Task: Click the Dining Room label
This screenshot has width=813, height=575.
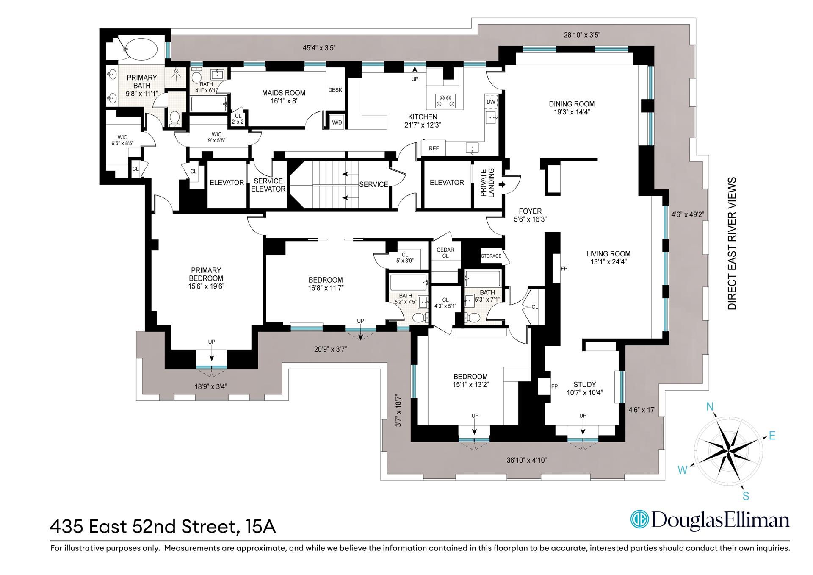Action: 572,104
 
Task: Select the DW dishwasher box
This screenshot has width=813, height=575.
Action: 491,102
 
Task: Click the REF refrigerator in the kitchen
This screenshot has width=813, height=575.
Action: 434,148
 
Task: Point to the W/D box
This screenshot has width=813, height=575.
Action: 337,122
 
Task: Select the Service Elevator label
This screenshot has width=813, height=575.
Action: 268,185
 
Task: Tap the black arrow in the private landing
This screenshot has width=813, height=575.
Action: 502,185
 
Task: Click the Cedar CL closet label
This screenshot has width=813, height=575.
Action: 445,253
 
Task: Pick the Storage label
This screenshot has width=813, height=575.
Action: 491,256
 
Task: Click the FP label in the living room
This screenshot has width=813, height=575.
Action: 564,269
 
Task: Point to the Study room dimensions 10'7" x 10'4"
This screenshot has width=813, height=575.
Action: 584,392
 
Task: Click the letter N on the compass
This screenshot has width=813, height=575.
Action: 710,407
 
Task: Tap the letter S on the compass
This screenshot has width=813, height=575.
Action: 746,496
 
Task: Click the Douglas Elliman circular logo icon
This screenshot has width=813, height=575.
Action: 639,520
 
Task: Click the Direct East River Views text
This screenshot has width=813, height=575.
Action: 732,243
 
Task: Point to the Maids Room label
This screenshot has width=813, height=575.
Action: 283,93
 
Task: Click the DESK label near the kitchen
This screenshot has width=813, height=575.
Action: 335,90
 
